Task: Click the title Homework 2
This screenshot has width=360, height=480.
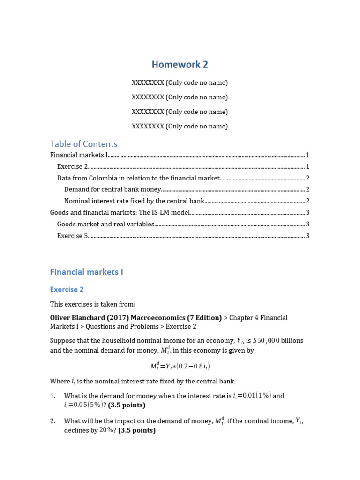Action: (x=180, y=65)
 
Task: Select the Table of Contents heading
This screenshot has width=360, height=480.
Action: (x=83, y=144)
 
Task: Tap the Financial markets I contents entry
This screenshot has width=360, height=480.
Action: (x=79, y=155)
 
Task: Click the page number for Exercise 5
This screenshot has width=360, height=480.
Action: (x=307, y=236)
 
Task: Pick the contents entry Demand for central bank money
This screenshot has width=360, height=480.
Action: (x=112, y=189)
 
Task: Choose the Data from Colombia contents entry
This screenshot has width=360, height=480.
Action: (x=138, y=178)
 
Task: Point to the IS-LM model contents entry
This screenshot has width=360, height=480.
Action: (x=120, y=213)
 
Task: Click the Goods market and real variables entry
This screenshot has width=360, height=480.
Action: (x=105, y=225)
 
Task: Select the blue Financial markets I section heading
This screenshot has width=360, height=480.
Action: (x=86, y=272)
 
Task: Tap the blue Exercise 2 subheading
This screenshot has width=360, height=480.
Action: (x=67, y=290)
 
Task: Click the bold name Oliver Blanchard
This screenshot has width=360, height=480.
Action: (x=76, y=318)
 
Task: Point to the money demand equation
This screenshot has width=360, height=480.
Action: (x=180, y=366)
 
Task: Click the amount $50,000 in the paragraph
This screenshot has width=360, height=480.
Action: (x=266, y=341)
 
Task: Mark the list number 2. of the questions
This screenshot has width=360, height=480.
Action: (x=53, y=421)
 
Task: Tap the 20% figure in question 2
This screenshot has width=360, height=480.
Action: (x=106, y=430)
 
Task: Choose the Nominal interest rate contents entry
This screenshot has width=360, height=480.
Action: (x=134, y=201)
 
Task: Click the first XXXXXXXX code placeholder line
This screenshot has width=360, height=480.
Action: (x=180, y=83)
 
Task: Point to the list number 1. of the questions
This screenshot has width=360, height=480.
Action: (x=53, y=396)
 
